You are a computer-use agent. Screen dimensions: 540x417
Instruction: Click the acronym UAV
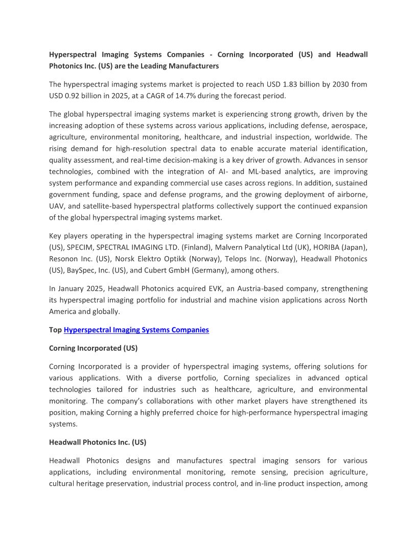coord(57,206)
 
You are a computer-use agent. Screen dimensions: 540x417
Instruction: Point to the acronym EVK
coord(208,289)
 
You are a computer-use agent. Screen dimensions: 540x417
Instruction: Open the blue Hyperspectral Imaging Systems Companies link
coord(136,330)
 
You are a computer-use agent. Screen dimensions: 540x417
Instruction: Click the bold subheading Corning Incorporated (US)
coord(93,348)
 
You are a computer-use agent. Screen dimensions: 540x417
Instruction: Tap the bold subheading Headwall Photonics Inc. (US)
coord(98,442)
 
